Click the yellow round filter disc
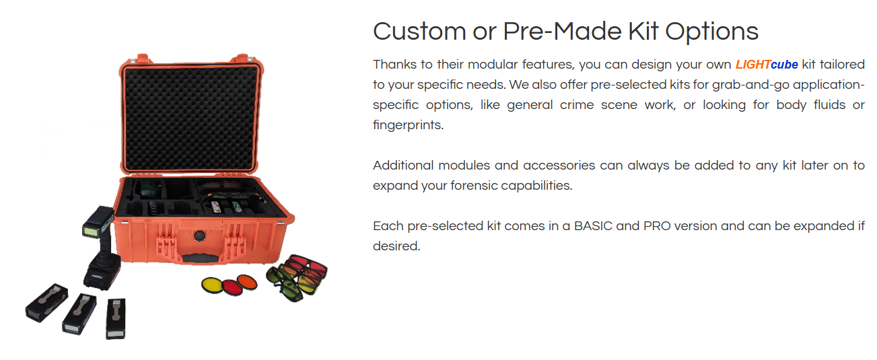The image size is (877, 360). [211, 286]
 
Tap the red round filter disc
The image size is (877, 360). [232, 287]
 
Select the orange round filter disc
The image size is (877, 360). [246, 282]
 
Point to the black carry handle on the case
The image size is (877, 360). [200, 258]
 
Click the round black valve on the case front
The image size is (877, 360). [200, 236]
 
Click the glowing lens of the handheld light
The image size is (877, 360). [92, 231]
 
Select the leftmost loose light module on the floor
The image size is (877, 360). [47, 303]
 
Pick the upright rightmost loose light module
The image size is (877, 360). [116, 318]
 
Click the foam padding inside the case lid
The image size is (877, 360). [190, 117]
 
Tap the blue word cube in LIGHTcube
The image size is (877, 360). [784, 64]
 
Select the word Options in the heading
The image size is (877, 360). [712, 32]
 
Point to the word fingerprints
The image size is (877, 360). [408, 125]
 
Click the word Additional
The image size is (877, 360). [403, 165]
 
